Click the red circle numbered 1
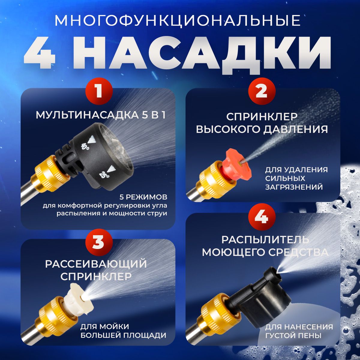click(99, 91)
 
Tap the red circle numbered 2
click(262, 91)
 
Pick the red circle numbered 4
click(262, 217)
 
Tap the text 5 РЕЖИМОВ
click(143, 197)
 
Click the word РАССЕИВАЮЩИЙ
click(96, 264)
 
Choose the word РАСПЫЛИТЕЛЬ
click(265, 240)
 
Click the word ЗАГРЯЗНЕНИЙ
click(294, 187)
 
